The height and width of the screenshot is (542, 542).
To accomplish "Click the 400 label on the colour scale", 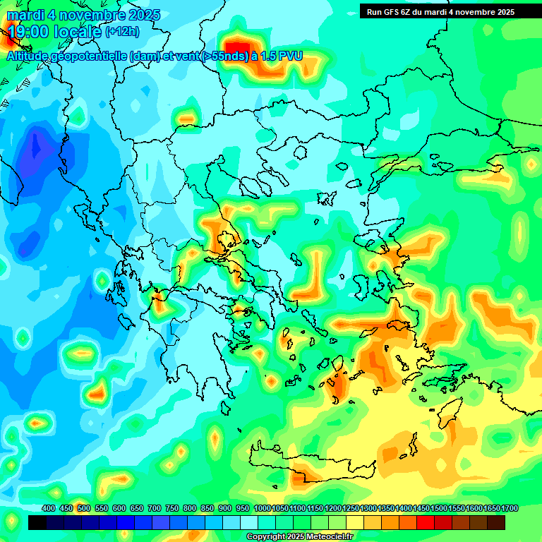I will click(49, 509).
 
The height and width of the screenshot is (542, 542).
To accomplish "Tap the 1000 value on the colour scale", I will click(262, 509).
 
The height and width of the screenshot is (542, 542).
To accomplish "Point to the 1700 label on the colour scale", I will click(510, 509).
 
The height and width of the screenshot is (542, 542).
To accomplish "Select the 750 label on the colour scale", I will click(172, 509).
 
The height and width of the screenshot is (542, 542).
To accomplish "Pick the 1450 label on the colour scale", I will click(421, 509).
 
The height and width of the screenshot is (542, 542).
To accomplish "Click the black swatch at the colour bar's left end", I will click(37, 523).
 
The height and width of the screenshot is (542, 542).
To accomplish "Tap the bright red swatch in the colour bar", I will click(426, 523).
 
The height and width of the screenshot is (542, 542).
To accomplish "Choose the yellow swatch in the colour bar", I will click(355, 523).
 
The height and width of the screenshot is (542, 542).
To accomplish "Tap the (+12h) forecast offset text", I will click(122, 32).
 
